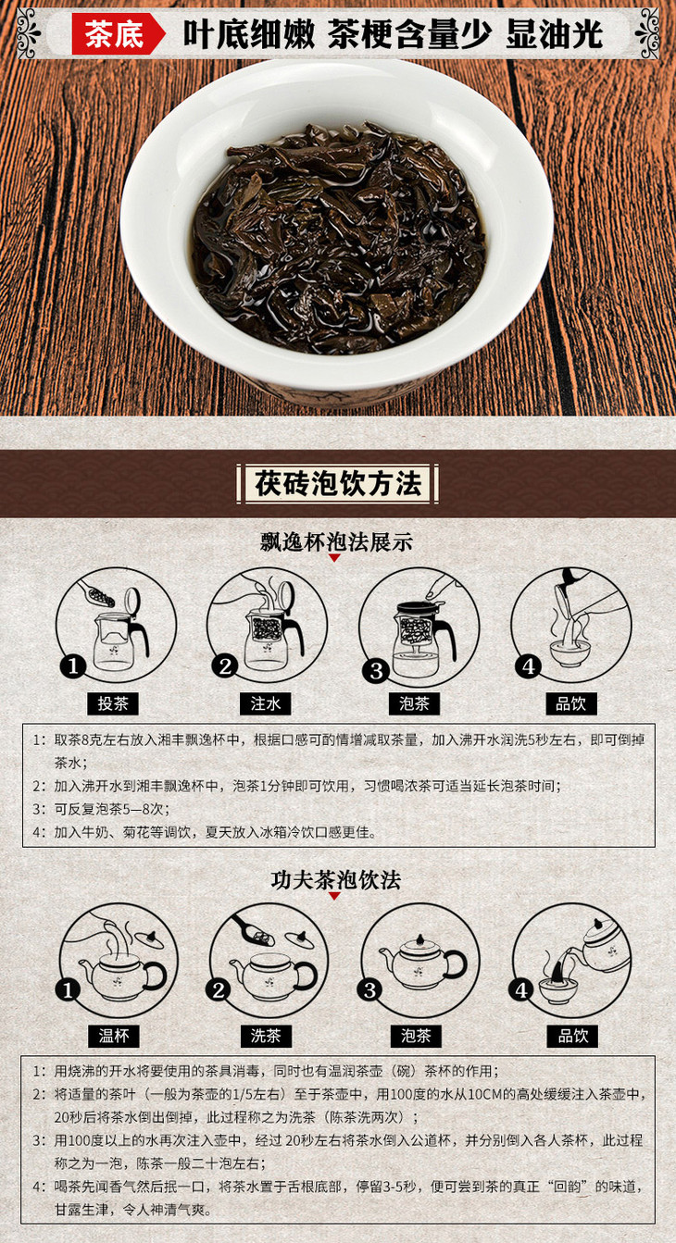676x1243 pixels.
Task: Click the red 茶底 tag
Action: point(118,34)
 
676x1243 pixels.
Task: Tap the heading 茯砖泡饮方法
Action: point(338,484)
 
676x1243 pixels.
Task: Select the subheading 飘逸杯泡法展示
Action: point(336,541)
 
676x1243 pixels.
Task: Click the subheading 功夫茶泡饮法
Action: point(335,880)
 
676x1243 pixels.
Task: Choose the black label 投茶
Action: point(113,703)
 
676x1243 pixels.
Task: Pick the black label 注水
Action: point(265,703)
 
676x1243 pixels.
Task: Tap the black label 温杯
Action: point(113,1036)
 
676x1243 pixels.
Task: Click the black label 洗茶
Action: point(266,1036)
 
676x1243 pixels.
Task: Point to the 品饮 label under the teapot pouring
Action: point(572,1036)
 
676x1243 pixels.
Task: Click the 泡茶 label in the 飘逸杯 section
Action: point(414,703)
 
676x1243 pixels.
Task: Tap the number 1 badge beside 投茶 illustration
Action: point(73,665)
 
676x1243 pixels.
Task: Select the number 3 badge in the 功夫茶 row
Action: point(369,990)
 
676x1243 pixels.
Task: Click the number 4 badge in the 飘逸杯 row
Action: point(528,665)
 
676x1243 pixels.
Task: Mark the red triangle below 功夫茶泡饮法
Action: point(334,896)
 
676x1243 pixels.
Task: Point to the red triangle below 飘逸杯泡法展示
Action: point(334,558)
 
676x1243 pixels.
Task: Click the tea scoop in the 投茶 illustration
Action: point(97,592)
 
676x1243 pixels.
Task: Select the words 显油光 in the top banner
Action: point(554,34)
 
